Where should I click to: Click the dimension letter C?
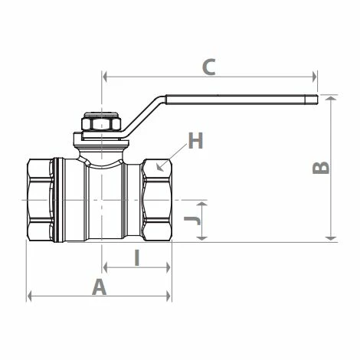point(209,67)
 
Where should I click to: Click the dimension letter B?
point(321,168)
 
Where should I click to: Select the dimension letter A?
point(99,286)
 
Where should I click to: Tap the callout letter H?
point(195,140)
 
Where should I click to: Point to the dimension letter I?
point(137,258)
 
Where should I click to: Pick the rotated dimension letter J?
point(192,221)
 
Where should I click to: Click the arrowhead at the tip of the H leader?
point(159,168)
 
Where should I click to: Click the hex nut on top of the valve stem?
point(101,124)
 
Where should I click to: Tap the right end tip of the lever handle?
point(318,100)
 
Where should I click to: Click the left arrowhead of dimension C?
point(104,77)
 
